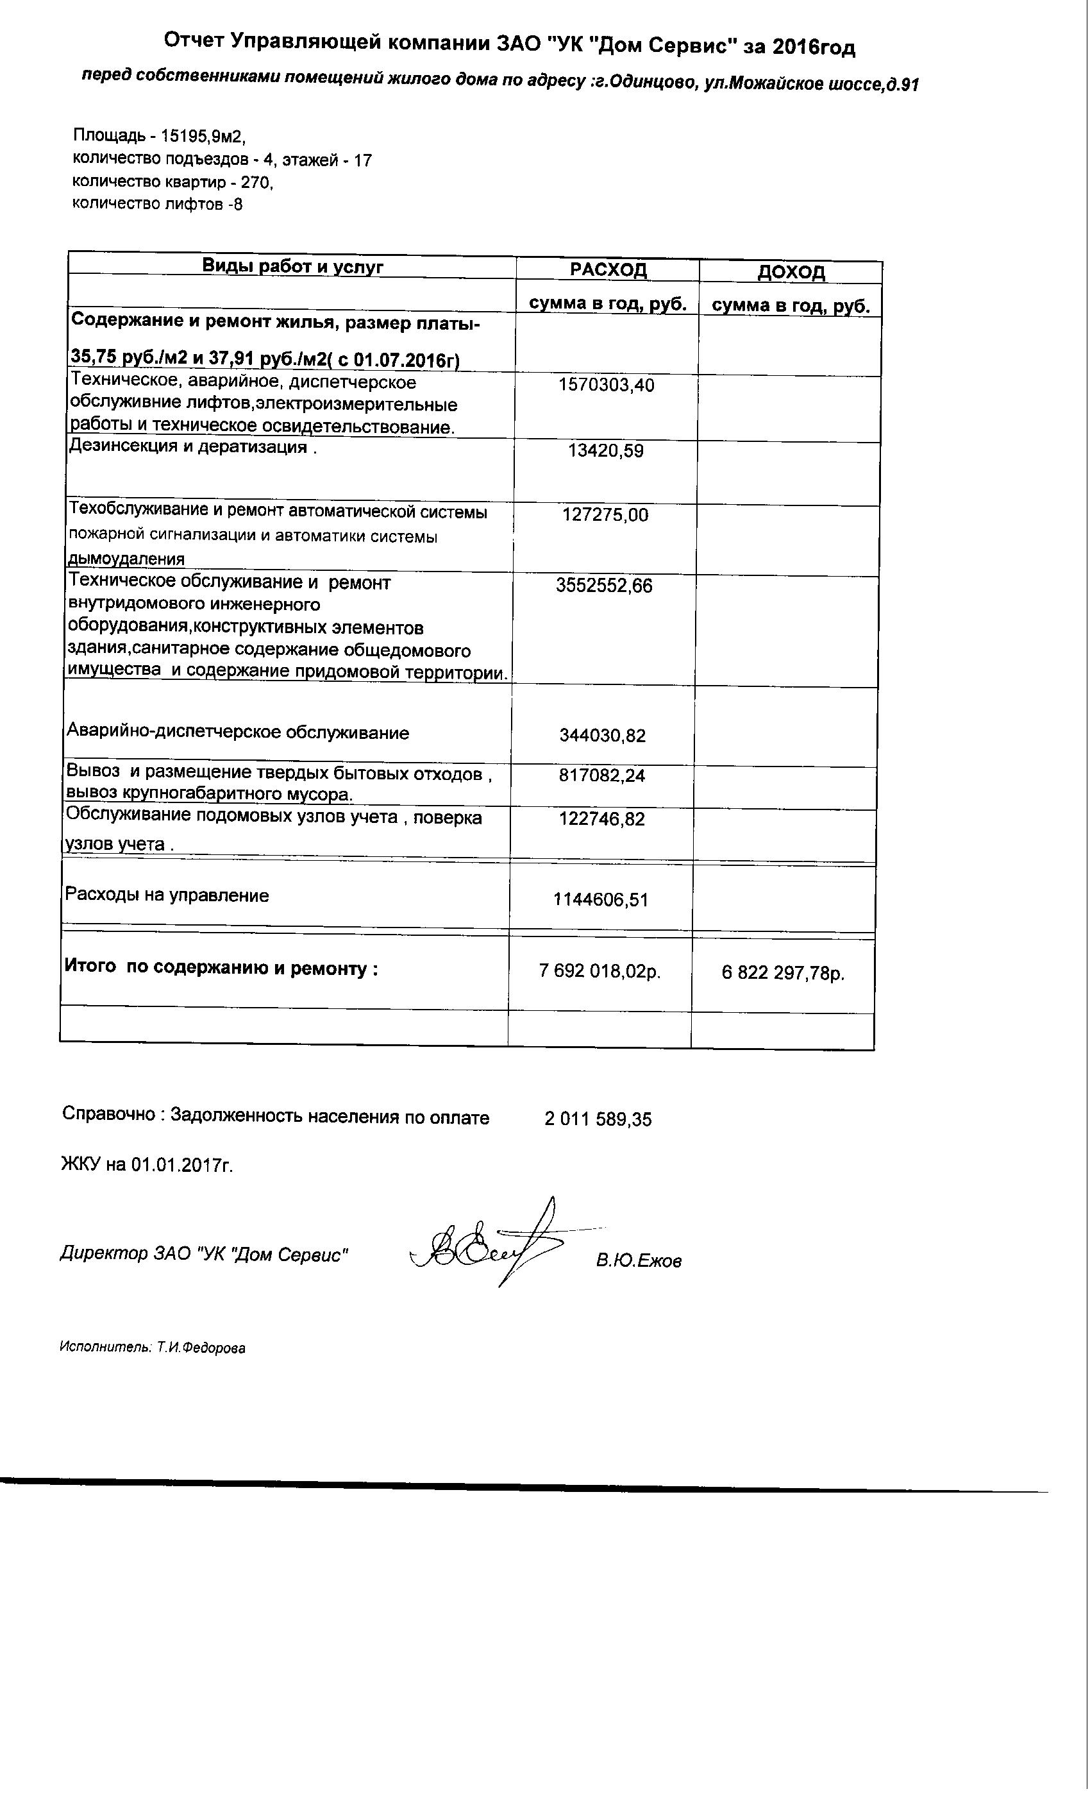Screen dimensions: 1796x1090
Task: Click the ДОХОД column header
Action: [x=791, y=273]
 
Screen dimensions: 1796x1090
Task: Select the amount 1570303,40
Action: [x=606, y=385]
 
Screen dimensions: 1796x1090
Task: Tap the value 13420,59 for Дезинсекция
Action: [x=605, y=451]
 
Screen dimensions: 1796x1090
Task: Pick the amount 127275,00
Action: [x=605, y=515]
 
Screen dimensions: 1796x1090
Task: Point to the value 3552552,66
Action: [x=604, y=585]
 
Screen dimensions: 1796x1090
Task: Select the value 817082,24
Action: [x=602, y=775]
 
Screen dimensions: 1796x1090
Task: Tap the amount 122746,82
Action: [x=602, y=818]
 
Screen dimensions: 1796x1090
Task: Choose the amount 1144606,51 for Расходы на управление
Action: [x=600, y=899]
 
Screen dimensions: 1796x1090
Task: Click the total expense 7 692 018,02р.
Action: [x=599, y=971]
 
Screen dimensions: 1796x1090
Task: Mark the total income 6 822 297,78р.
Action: [x=784, y=973]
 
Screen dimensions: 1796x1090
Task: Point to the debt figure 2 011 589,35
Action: [x=598, y=1119]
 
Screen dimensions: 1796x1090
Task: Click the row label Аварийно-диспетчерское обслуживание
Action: [x=237, y=733]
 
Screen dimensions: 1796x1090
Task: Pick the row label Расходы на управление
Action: [x=167, y=895]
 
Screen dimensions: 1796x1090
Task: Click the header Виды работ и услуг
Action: [x=292, y=266]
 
